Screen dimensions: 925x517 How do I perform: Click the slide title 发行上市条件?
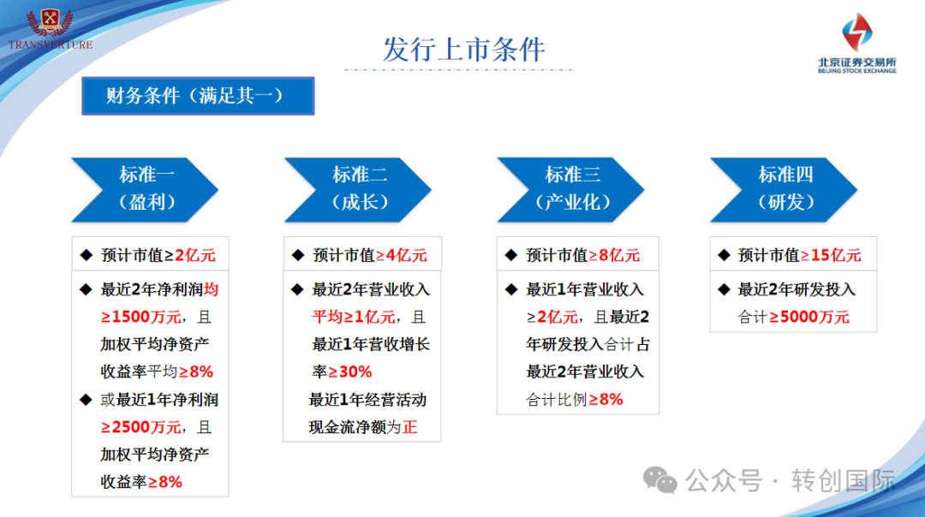coord(463,50)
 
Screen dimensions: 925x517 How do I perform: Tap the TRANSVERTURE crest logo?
coord(51,28)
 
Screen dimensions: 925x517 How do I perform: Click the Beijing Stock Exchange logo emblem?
coord(856,32)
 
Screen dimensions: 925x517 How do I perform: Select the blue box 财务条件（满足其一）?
coord(198,96)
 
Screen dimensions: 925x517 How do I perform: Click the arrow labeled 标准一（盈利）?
coord(145,190)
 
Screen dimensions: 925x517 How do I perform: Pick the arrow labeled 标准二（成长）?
coord(358,190)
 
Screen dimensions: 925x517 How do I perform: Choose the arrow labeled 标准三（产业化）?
coord(571,190)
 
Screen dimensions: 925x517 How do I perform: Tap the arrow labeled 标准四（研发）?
coord(784,190)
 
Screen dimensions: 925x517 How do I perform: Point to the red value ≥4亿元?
coord(402,255)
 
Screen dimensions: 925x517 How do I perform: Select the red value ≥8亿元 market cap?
coord(614,255)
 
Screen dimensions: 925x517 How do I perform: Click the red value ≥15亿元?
coord(831,255)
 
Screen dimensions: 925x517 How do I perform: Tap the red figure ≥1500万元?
coord(141,318)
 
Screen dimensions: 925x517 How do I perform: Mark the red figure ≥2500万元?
coord(141,427)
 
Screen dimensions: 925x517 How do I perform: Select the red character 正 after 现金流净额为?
coord(410,427)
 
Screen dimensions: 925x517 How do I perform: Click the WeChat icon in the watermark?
coord(660,480)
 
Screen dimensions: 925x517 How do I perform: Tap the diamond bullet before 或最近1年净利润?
coord(87,400)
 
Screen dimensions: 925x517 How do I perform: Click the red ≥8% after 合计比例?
coord(606,400)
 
